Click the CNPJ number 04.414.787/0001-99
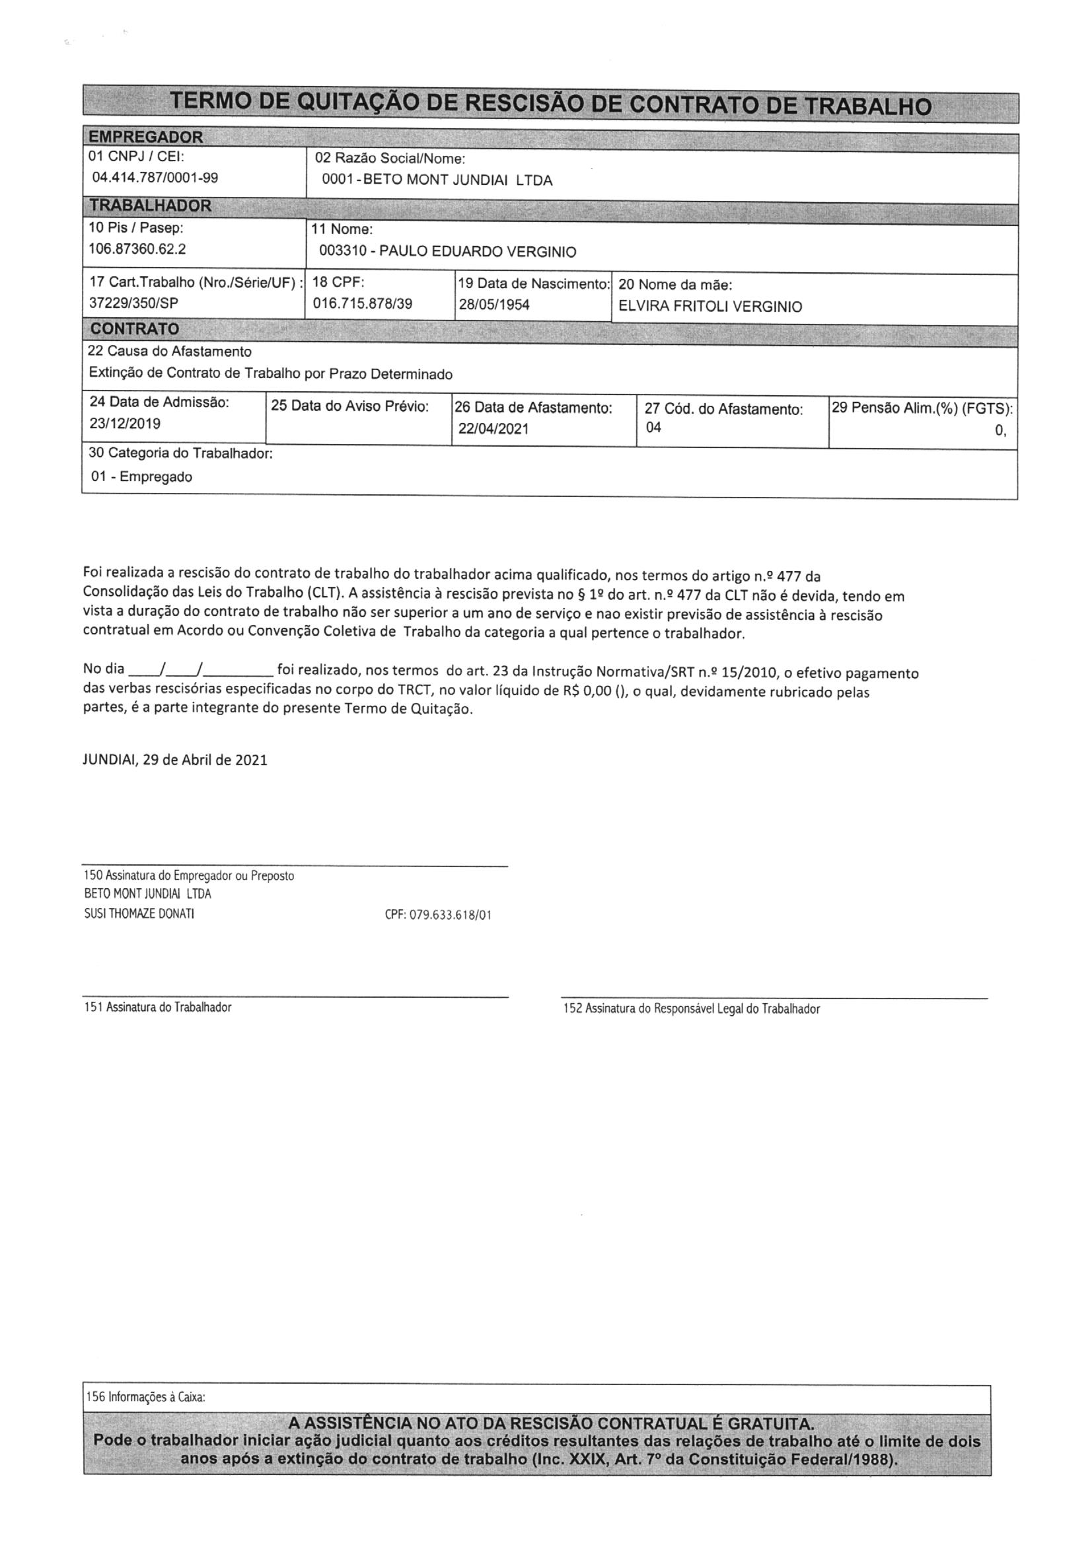coord(155,178)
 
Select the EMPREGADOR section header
coord(146,137)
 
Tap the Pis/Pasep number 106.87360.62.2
coord(137,249)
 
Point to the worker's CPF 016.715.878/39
coord(363,303)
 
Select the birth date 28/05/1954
coord(494,305)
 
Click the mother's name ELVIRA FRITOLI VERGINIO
coord(710,307)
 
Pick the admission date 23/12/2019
coord(125,424)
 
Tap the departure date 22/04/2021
coord(493,429)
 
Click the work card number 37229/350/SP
coord(134,303)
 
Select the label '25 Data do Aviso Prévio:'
coord(350,406)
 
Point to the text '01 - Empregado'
coord(142,477)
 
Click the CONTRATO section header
coord(135,329)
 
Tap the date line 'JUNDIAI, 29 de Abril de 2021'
coord(175,761)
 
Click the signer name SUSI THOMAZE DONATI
coord(139,914)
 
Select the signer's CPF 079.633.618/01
coord(438,915)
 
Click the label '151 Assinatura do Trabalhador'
coord(157,1007)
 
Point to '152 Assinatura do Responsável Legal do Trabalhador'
coord(691,1008)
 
